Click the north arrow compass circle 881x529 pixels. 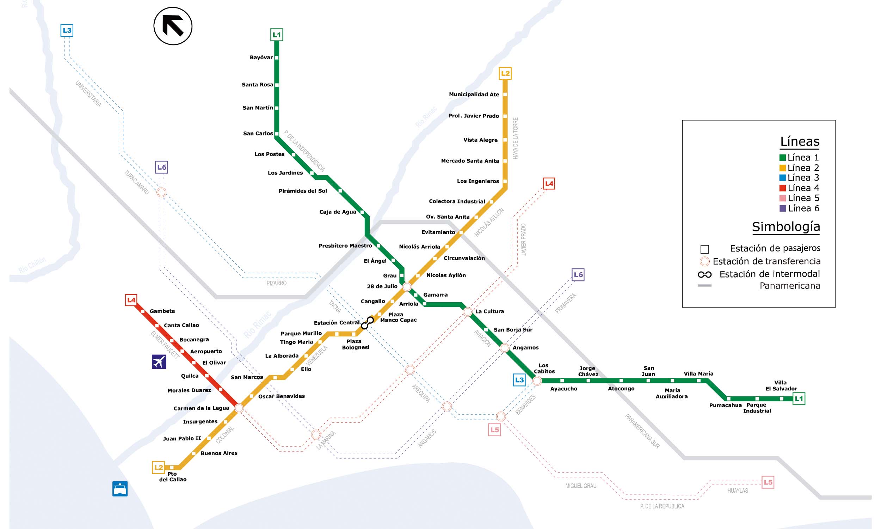click(173, 26)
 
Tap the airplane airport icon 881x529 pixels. click(159, 362)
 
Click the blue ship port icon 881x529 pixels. click(120, 489)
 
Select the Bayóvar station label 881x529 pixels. click(261, 57)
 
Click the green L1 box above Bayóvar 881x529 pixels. click(277, 35)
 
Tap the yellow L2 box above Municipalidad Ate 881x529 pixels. click(505, 73)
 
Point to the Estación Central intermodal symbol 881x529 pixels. click(367, 323)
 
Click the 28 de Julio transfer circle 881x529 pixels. click(407, 287)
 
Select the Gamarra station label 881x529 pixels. click(435, 295)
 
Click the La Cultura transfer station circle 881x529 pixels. click(468, 312)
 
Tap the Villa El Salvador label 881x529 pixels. click(781, 385)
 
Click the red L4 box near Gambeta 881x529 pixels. click(131, 300)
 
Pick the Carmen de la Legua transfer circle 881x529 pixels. click(239, 408)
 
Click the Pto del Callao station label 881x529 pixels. click(173, 476)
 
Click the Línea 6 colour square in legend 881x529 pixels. click(782, 208)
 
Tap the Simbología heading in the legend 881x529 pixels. click(786, 227)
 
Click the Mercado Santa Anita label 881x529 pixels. click(470, 161)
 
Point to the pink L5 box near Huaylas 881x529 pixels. click(768, 482)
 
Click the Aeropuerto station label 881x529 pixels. click(206, 352)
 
